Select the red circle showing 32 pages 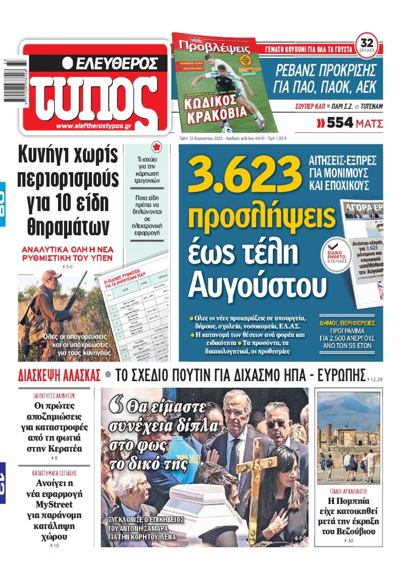click(367, 42)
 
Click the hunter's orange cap click(51, 274)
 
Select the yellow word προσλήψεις click(261, 217)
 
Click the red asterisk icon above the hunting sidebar click(149, 150)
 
